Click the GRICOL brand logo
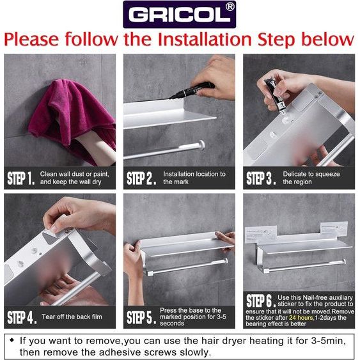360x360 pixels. [x=179, y=15]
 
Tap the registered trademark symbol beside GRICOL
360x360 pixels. [x=230, y=6]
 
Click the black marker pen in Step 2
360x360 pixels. [x=192, y=90]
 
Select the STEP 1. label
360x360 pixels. [x=21, y=178]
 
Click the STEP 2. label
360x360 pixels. [x=141, y=178]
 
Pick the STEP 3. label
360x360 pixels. [x=261, y=178]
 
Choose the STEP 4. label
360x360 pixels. [x=22, y=317]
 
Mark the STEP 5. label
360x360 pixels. [x=141, y=317]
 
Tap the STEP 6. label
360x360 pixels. [x=261, y=301]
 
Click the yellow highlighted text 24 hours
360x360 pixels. [x=301, y=318]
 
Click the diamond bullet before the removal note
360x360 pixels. [x=12, y=340]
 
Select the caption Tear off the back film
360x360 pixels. [x=72, y=317]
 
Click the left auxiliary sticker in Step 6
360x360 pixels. [x=262, y=235]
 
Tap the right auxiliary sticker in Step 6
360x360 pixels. [x=334, y=230]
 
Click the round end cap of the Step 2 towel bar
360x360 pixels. [x=201, y=145]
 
